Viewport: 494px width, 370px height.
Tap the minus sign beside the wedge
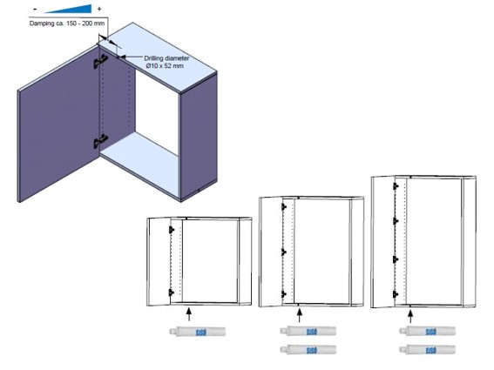35,9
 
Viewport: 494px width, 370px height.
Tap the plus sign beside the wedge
99,9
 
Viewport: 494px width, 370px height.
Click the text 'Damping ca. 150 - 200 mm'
67,24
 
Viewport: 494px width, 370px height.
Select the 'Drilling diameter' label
166,58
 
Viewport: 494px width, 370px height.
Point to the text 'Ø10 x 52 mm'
165,66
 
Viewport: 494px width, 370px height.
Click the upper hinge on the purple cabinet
100,61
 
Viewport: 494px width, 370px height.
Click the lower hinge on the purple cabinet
100,141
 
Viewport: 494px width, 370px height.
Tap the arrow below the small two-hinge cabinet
189,314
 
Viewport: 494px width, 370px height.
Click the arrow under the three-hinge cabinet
299,315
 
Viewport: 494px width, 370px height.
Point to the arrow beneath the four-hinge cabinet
409,316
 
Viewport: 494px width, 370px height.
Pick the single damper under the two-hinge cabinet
197,332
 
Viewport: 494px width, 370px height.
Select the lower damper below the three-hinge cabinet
308,349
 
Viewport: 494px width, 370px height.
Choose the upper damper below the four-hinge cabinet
427,331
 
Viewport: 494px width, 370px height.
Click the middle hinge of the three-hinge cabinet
283,252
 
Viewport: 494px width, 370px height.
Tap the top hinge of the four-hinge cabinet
396,186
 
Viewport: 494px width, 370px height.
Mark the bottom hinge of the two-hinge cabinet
171,293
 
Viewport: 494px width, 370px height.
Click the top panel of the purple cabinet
158,57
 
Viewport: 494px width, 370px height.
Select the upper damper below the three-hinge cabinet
308,331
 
